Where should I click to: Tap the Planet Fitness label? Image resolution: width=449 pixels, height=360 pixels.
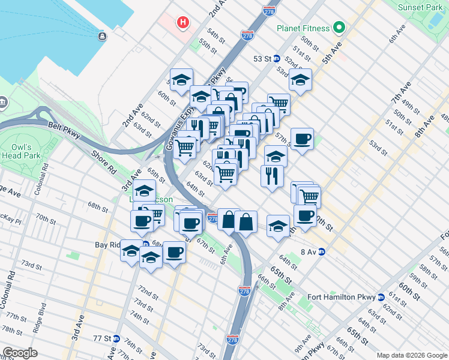tap(303, 28)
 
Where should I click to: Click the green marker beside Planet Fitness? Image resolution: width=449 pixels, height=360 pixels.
tap(339, 28)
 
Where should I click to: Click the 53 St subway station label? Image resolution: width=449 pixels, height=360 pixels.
tap(262, 59)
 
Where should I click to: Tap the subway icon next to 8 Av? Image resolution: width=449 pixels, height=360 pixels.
tap(322, 252)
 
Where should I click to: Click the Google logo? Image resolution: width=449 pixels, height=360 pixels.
tap(20, 352)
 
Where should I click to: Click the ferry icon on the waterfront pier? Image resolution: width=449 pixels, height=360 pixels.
tap(103, 37)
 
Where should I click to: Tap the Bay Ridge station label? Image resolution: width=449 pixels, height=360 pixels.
tap(112, 245)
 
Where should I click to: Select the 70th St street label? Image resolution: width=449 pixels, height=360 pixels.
tap(46, 217)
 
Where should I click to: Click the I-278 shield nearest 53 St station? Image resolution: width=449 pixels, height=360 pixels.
tap(247, 36)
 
